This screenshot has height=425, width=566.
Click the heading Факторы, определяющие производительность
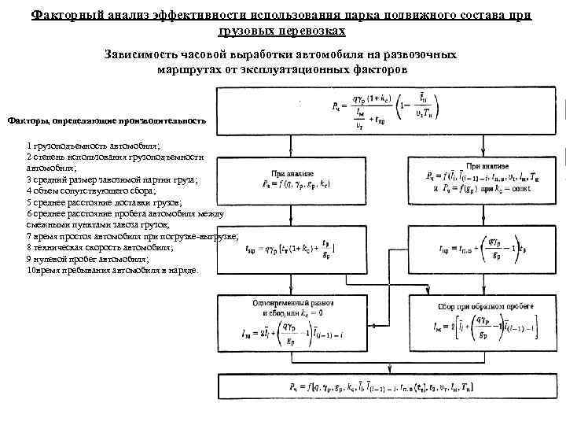(107, 121)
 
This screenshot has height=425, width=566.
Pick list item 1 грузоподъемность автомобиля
(93, 146)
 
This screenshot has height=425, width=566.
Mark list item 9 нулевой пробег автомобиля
(87, 258)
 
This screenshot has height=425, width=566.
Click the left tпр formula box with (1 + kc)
(292, 251)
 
